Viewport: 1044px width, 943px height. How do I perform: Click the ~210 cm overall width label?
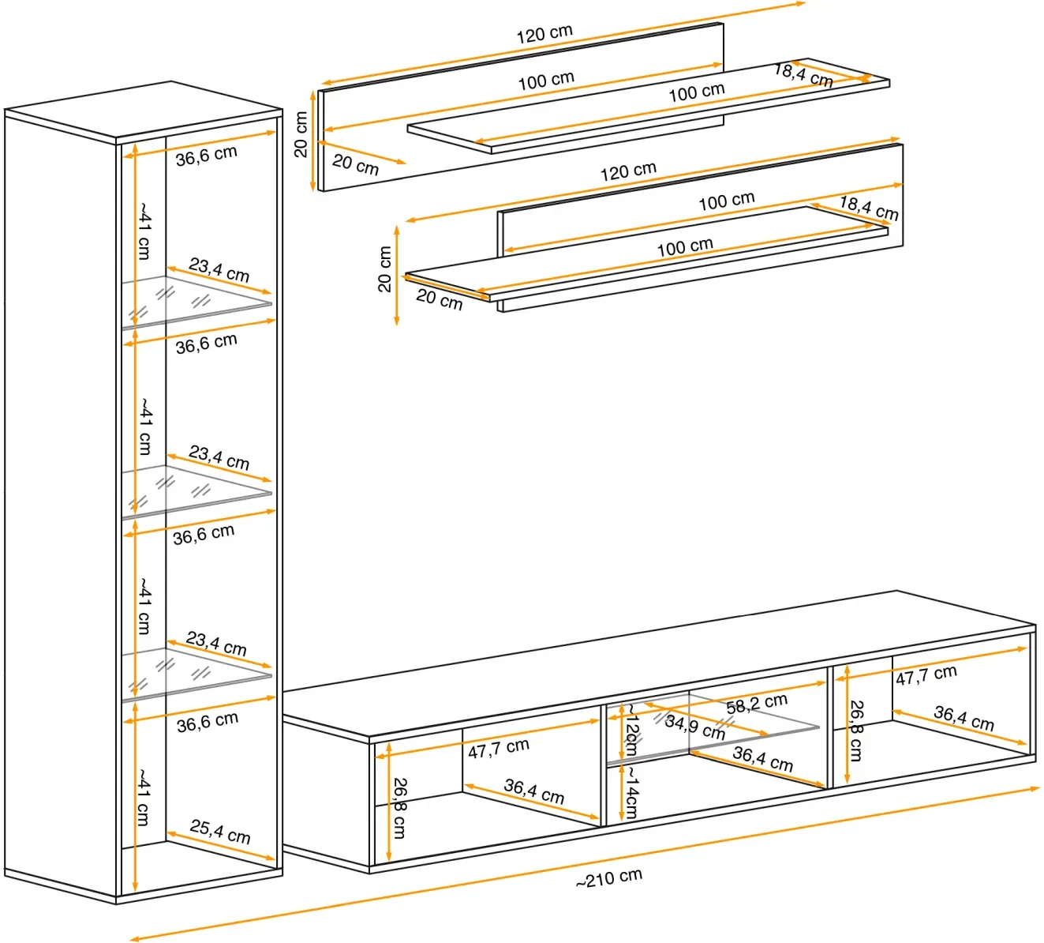pyautogui.click(x=609, y=878)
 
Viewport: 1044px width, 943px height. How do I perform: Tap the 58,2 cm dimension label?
pyautogui.click(x=757, y=703)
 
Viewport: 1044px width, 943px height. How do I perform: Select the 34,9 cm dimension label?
pyautogui.click(x=694, y=727)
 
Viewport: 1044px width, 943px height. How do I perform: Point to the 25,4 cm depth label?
pyautogui.click(x=220, y=832)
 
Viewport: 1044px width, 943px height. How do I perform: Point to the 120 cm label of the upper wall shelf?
pyautogui.click(x=544, y=34)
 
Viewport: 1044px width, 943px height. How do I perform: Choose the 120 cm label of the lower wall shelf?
pyautogui.click(x=628, y=171)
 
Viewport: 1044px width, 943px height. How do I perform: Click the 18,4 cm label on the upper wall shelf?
pyautogui.click(x=803, y=75)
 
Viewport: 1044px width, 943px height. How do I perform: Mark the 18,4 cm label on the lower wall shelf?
pyautogui.click(x=868, y=208)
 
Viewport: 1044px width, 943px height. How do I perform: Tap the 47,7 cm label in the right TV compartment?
pyautogui.click(x=926, y=674)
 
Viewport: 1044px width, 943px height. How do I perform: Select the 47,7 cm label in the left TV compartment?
pyautogui.click(x=498, y=747)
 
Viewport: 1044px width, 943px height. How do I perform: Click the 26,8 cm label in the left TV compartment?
pyautogui.click(x=400, y=808)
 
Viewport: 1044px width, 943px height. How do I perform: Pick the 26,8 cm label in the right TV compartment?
pyautogui.click(x=856, y=731)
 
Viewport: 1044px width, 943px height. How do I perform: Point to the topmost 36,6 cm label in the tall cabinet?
pyautogui.click(x=206, y=155)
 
